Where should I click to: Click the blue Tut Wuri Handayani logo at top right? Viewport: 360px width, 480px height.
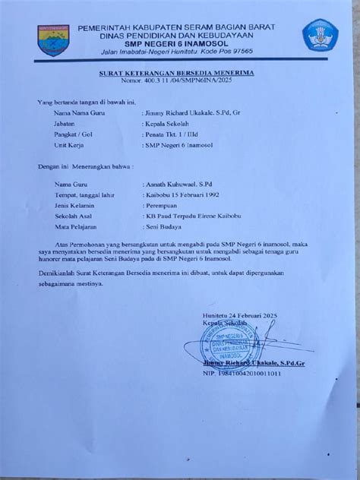coord(319,36)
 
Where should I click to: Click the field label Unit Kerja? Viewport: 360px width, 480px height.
coord(68,144)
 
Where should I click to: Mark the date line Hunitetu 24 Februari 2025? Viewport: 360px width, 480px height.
coord(258,314)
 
